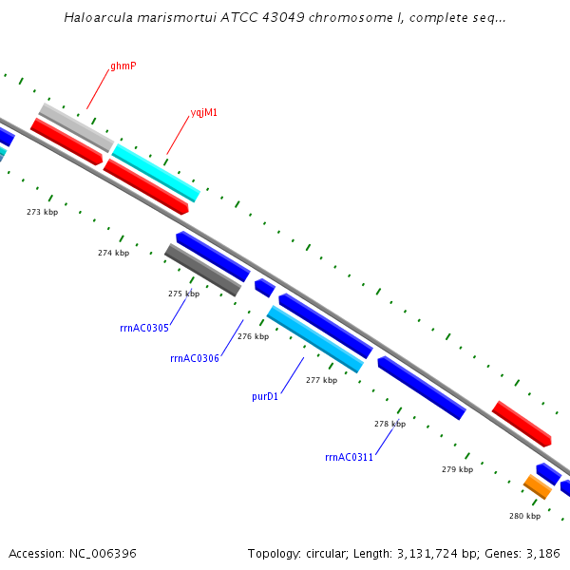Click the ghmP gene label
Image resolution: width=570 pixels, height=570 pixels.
click(123, 66)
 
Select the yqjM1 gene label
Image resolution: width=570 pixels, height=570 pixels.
click(204, 112)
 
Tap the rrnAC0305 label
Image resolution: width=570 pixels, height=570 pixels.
click(144, 329)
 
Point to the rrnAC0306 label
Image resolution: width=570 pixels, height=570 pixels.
click(195, 358)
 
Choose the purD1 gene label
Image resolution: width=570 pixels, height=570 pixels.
click(265, 396)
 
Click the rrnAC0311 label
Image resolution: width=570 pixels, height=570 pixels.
click(349, 457)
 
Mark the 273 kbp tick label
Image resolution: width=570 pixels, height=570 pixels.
click(42, 212)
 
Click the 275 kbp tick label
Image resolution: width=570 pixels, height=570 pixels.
click(183, 294)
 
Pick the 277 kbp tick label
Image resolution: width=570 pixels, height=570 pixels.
click(321, 380)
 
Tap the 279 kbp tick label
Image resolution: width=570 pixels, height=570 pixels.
click(457, 469)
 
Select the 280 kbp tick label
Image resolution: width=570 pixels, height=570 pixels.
click(524, 516)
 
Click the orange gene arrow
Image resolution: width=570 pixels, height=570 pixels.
click(538, 486)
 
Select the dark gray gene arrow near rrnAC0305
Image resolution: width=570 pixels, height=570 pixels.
click(202, 270)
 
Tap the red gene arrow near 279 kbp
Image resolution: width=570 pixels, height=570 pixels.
click(522, 424)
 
